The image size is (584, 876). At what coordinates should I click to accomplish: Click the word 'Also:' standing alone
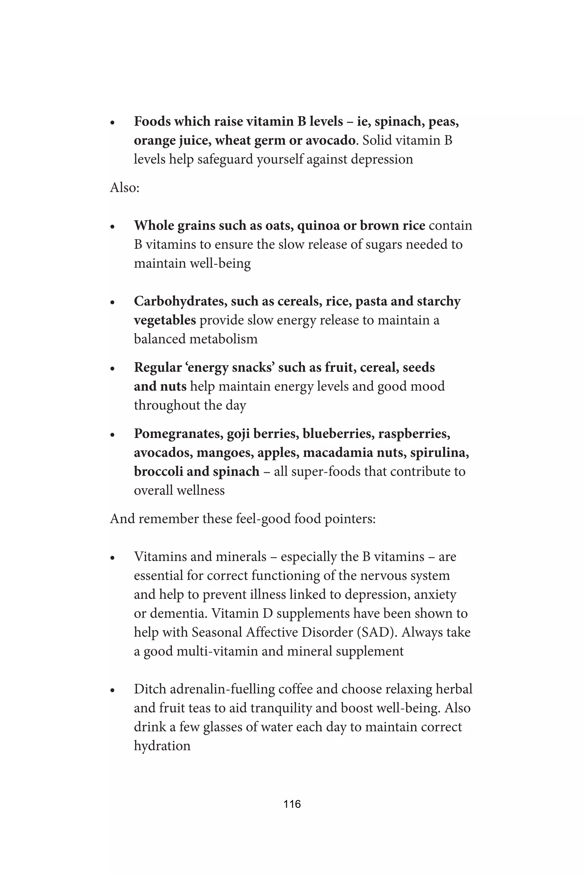(124, 187)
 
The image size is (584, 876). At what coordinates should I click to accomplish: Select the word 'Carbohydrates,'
(180, 301)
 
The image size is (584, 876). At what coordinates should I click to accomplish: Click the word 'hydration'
(162, 746)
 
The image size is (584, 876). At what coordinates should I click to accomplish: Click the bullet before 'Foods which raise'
(112, 122)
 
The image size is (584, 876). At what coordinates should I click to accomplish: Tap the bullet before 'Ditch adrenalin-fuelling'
(112, 690)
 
